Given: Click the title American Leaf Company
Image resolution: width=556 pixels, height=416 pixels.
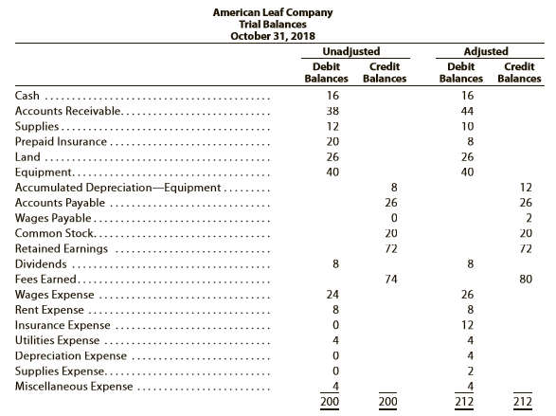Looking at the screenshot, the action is tap(273, 12).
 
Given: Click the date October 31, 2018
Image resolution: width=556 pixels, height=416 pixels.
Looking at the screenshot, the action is tap(273, 36).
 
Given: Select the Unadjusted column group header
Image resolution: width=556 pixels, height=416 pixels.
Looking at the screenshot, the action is tap(351, 51).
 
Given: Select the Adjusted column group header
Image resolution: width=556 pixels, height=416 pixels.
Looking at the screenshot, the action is tap(486, 51).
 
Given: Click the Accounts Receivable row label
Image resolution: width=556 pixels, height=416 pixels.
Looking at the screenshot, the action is tap(68, 111).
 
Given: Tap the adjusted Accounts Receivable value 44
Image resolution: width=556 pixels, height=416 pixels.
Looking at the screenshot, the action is tap(467, 111).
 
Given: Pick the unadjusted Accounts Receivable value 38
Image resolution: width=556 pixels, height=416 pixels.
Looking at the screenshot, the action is tap(332, 111).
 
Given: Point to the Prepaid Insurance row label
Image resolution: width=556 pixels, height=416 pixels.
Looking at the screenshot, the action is tap(61, 141).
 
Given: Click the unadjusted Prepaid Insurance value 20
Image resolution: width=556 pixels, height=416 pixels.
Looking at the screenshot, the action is tap(332, 141).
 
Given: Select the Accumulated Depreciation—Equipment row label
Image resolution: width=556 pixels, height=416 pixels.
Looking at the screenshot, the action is tap(117, 188).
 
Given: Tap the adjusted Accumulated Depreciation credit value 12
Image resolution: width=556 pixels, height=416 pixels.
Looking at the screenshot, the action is tap(526, 188).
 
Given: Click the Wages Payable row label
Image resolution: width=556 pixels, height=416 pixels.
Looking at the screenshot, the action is tap(53, 218).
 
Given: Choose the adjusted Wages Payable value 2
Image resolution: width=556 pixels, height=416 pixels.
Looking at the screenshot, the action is tap(529, 218).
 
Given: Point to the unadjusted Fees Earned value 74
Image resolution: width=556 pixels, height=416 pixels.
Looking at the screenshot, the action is tap(391, 280).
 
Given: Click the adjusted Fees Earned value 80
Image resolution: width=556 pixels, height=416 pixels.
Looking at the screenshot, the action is tap(526, 280).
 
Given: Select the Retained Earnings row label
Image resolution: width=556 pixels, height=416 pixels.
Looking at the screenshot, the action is tap(62, 248).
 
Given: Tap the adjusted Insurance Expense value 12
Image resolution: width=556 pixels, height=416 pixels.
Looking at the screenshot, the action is tap(467, 325).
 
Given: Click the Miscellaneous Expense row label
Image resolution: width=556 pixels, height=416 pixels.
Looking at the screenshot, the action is tap(74, 387).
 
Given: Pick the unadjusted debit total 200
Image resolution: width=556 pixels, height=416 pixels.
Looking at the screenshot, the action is tap(330, 402).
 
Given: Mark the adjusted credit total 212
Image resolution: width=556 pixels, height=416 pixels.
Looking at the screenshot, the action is tap(522, 402).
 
